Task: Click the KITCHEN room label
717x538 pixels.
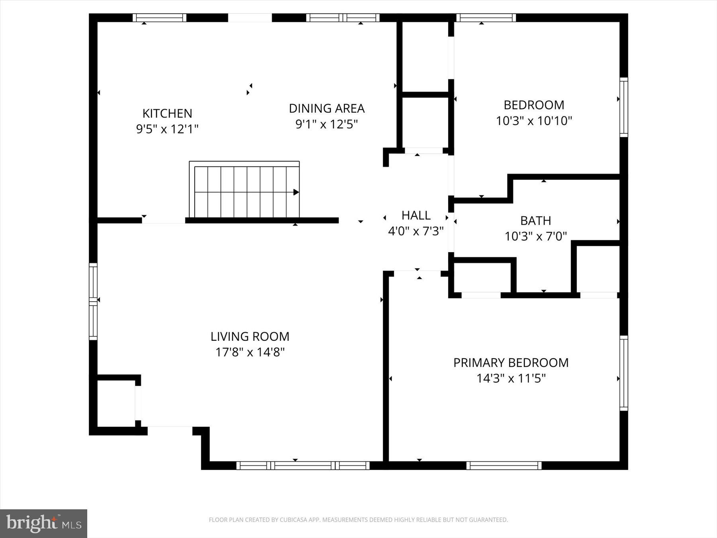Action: click(167, 114)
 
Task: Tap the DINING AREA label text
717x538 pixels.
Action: click(327, 108)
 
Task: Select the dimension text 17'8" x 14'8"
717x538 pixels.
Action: click(250, 352)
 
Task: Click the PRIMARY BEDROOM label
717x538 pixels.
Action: click(511, 363)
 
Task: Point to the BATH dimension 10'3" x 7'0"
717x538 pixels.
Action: click(535, 237)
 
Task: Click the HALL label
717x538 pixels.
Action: click(416, 216)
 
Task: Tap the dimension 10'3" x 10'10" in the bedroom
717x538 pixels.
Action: click(534, 121)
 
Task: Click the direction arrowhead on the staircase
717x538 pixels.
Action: click(296, 192)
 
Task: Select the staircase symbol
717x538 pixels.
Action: click(244, 190)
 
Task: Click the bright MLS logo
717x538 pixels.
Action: click(43, 523)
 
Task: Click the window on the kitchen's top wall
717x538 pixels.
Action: click(159, 18)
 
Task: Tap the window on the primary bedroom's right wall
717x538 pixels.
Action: click(624, 373)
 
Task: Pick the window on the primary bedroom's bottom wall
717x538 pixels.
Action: click(504, 465)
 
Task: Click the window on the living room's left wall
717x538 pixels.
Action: click(93, 301)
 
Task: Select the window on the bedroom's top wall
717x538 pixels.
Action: click(486, 18)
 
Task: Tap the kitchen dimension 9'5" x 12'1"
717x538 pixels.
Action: click(167, 129)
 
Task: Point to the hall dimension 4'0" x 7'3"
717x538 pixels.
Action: click(416, 231)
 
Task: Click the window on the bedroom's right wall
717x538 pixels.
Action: click(624, 107)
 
